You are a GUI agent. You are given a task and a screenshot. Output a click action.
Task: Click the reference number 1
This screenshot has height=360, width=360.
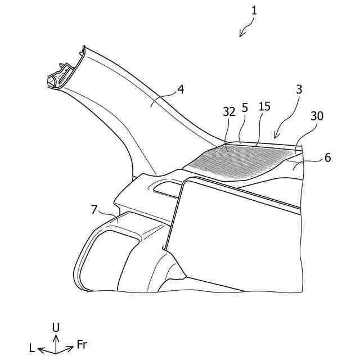[254, 10]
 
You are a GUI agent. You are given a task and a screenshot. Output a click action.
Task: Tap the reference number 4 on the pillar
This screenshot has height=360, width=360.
[181, 89]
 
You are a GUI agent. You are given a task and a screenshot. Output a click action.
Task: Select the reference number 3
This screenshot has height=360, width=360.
[299, 90]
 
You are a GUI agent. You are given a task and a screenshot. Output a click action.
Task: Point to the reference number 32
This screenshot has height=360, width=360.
[228, 112]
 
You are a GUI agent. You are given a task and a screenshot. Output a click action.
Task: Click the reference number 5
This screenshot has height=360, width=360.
[245, 106]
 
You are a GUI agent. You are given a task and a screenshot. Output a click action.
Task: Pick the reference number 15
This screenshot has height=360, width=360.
[264, 106]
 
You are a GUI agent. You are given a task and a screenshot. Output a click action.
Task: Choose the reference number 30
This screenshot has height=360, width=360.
[317, 116]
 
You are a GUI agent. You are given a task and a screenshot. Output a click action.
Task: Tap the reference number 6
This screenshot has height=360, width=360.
[328, 158]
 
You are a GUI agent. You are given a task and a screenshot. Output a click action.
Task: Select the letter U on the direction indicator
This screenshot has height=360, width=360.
[56, 327]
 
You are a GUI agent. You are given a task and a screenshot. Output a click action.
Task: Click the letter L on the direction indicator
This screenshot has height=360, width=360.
[32, 348]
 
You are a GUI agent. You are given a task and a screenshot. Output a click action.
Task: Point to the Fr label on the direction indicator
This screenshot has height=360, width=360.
[82, 344]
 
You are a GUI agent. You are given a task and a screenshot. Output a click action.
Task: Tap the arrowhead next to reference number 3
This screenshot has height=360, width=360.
[275, 136]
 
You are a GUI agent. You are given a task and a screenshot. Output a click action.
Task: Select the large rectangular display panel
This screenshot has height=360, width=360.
[236, 236]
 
